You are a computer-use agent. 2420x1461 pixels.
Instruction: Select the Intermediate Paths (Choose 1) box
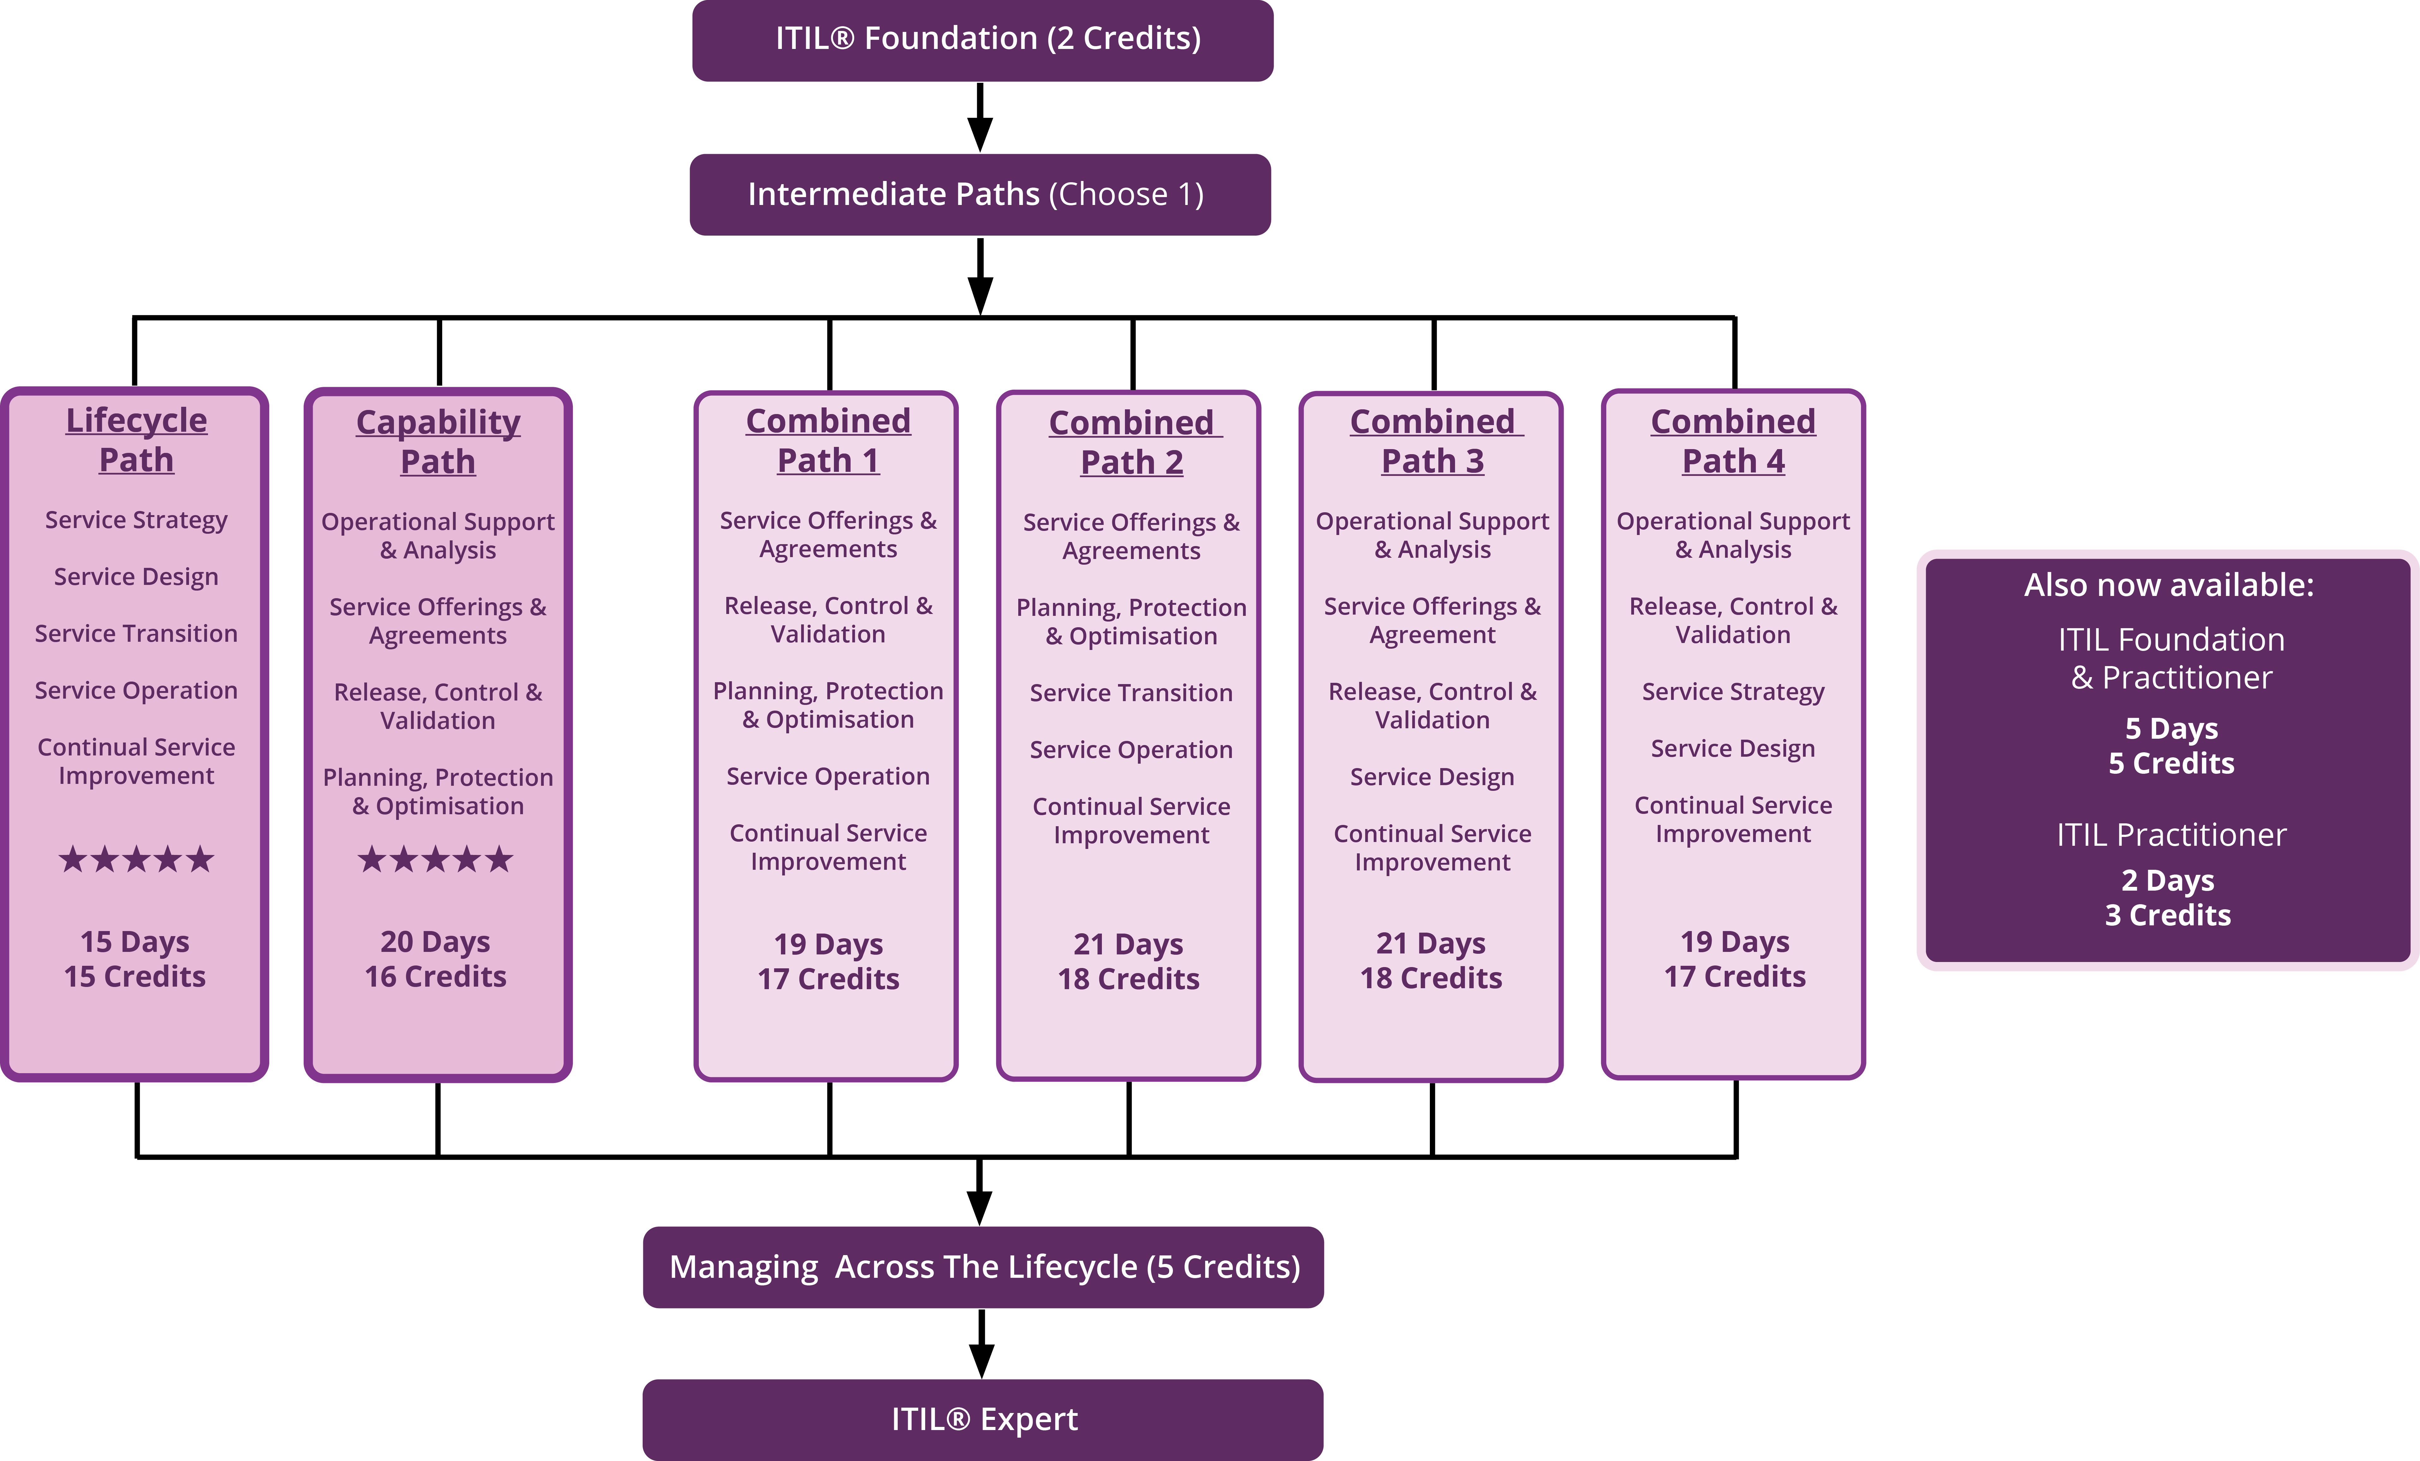coord(979,195)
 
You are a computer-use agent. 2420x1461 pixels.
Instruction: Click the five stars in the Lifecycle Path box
coord(137,860)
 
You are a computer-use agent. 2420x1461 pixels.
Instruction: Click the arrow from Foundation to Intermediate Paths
coord(980,118)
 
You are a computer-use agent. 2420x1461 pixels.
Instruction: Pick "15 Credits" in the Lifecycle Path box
coord(135,977)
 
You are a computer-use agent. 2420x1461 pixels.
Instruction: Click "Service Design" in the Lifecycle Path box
coord(137,577)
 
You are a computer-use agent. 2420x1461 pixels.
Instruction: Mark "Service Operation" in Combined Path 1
coord(828,776)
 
